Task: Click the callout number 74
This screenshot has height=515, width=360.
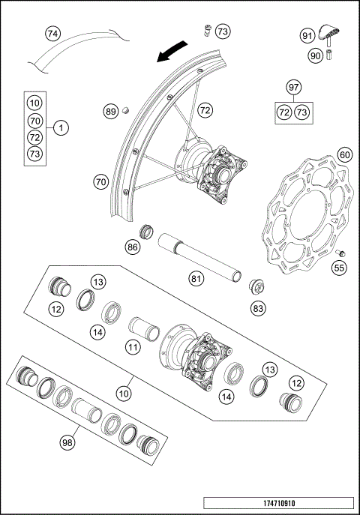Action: (52, 34)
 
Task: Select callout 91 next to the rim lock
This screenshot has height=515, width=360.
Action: (307, 35)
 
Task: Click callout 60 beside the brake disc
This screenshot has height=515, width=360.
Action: (344, 154)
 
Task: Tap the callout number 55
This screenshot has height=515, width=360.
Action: (339, 267)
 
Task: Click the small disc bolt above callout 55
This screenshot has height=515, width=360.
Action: (339, 251)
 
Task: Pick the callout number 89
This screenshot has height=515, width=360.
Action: (111, 112)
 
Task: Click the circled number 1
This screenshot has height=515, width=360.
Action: (61, 128)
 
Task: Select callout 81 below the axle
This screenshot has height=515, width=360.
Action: (196, 279)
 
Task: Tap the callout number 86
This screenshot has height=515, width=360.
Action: (133, 246)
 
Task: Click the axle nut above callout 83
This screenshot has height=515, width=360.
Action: (256, 286)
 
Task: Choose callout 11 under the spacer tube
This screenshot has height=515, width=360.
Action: (133, 348)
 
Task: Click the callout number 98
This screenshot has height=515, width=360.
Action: (68, 442)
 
